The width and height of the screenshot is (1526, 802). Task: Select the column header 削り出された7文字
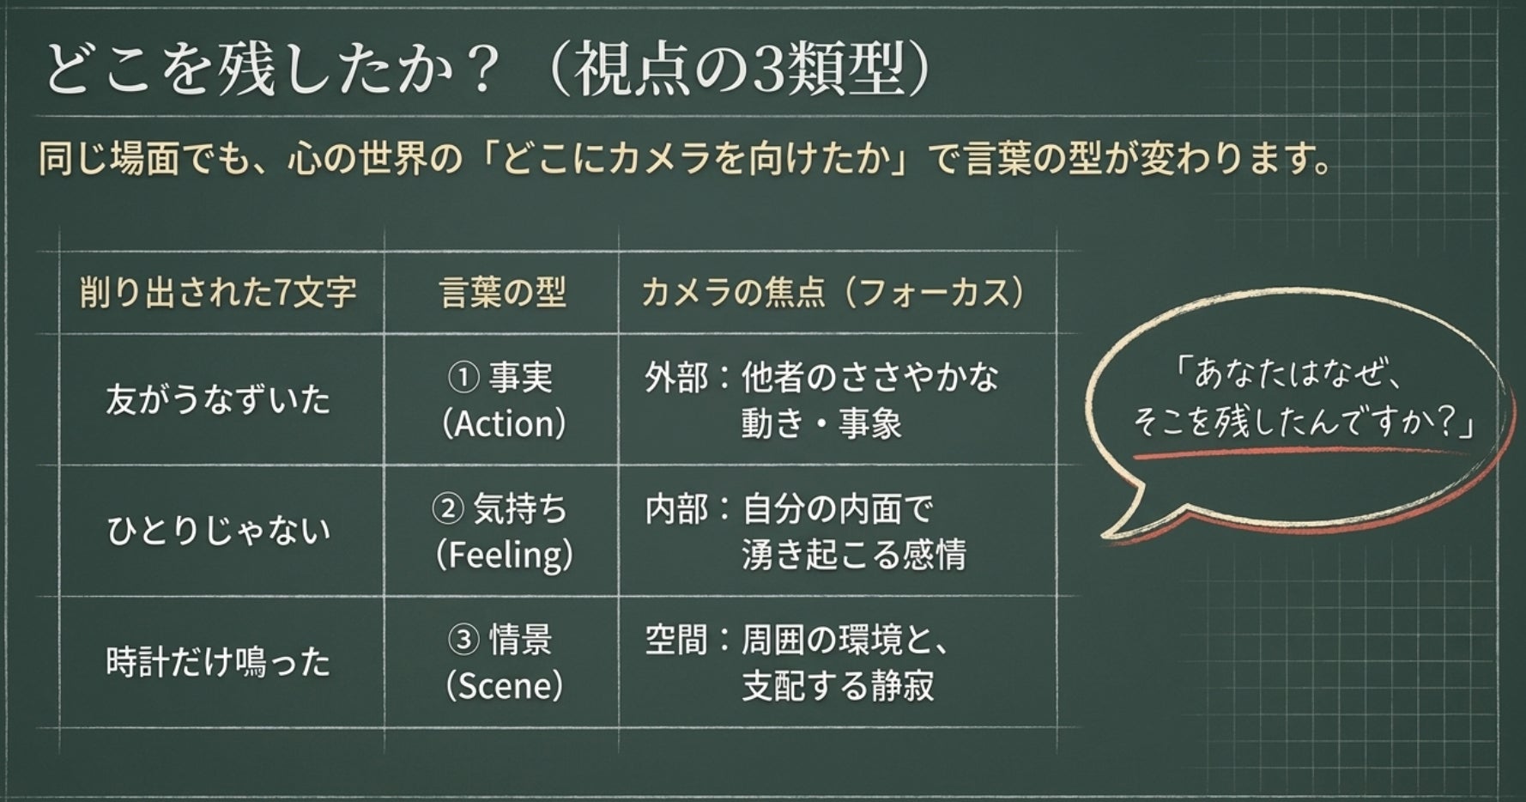pyautogui.click(x=218, y=293)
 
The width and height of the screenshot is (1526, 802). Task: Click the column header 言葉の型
pyautogui.click(x=503, y=293)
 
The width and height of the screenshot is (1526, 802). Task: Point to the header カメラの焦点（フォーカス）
pyautogui.click(x=833, y=293)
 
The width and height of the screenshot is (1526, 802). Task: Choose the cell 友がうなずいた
pyautogui.click(x=218, y=400)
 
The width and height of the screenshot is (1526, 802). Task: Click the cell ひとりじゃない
pyautogui.click(x=218, y=531)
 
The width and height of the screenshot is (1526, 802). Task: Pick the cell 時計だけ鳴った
pyautogui.click(x=218, y=662)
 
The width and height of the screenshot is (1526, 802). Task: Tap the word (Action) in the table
pyautogui.click(x=505, y=423)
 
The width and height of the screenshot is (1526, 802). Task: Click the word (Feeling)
pyautogui.click(x=505, y=555)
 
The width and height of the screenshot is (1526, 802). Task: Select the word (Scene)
pyautogui.click(x=505, y=685)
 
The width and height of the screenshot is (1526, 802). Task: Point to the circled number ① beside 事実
pyautogui.click(x=463, y=377)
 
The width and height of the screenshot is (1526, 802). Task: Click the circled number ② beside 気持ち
pyautogui.click(x=447, y=508)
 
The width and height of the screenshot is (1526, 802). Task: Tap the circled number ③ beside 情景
pyautogui.click(x=463, y=640)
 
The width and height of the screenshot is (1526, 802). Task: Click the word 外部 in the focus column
pyautogui.click(x=677, y=377)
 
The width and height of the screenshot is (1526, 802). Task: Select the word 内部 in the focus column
pyautogui.click(x=677, y=508)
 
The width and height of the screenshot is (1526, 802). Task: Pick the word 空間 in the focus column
pyautogui.click(x=677, y=640)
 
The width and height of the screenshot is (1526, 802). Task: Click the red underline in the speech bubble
pyautogui.click(x=1299, y=452)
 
